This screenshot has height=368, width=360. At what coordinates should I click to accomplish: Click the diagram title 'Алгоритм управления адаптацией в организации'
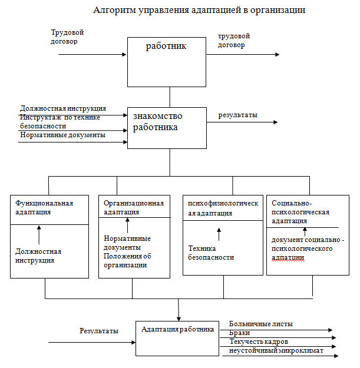click(199, 11)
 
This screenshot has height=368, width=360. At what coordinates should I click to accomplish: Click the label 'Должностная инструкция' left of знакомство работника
click(63, 109)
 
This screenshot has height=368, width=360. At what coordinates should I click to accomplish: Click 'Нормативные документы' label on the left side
click(62, 135)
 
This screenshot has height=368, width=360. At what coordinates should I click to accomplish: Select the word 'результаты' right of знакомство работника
click(238, 115)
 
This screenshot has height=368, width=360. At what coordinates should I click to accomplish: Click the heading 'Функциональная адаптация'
click(44, 208)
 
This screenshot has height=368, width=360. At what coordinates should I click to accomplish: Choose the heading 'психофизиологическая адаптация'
click(223, 208)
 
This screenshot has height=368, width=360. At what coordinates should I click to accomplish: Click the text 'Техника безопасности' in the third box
click(211, 253)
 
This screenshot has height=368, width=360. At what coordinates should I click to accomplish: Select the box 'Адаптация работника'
click(177, 338)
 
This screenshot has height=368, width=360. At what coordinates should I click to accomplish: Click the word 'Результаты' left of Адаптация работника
click(99, 331)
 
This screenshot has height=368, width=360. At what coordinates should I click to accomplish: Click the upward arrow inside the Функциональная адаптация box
click(39, 235)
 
